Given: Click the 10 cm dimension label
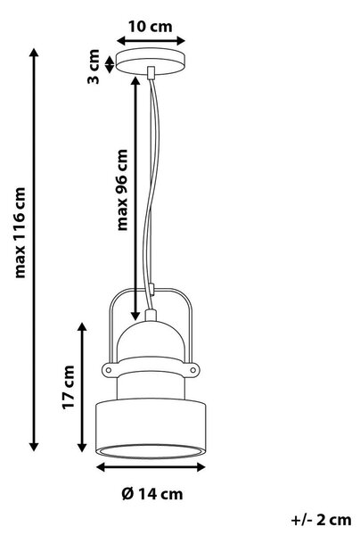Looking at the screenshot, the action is point(150,27).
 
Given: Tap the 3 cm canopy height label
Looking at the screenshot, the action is point(94,67).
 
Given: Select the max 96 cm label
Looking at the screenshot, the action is point(122,190).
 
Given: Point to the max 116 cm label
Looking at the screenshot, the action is point(20,233).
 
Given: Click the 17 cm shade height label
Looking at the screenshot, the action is point(69,387).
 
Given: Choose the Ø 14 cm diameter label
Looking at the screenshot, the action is point(152,494).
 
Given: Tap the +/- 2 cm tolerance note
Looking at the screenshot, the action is point(321,520).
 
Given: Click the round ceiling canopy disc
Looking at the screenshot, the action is point(151,61).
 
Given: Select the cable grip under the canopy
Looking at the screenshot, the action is point(151,73).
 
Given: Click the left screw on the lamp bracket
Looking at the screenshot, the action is point(109,369).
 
